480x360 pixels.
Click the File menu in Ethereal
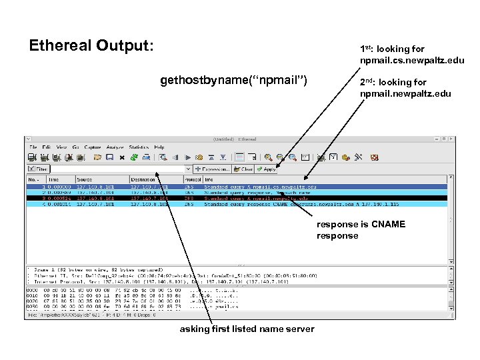tap(33, 147)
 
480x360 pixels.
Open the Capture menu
tap(92, 147)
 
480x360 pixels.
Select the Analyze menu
tap(114, 147)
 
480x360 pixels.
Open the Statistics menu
tap(139, 147)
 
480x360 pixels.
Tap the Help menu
tap(159, 147)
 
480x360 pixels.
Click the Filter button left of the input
tap(37, 169)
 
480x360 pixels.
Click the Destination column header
tap(143, 179)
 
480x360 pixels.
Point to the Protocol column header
tap(193, 179)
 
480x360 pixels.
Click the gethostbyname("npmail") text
tap(233, 81)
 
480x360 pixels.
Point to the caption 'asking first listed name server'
tap(247, 329)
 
